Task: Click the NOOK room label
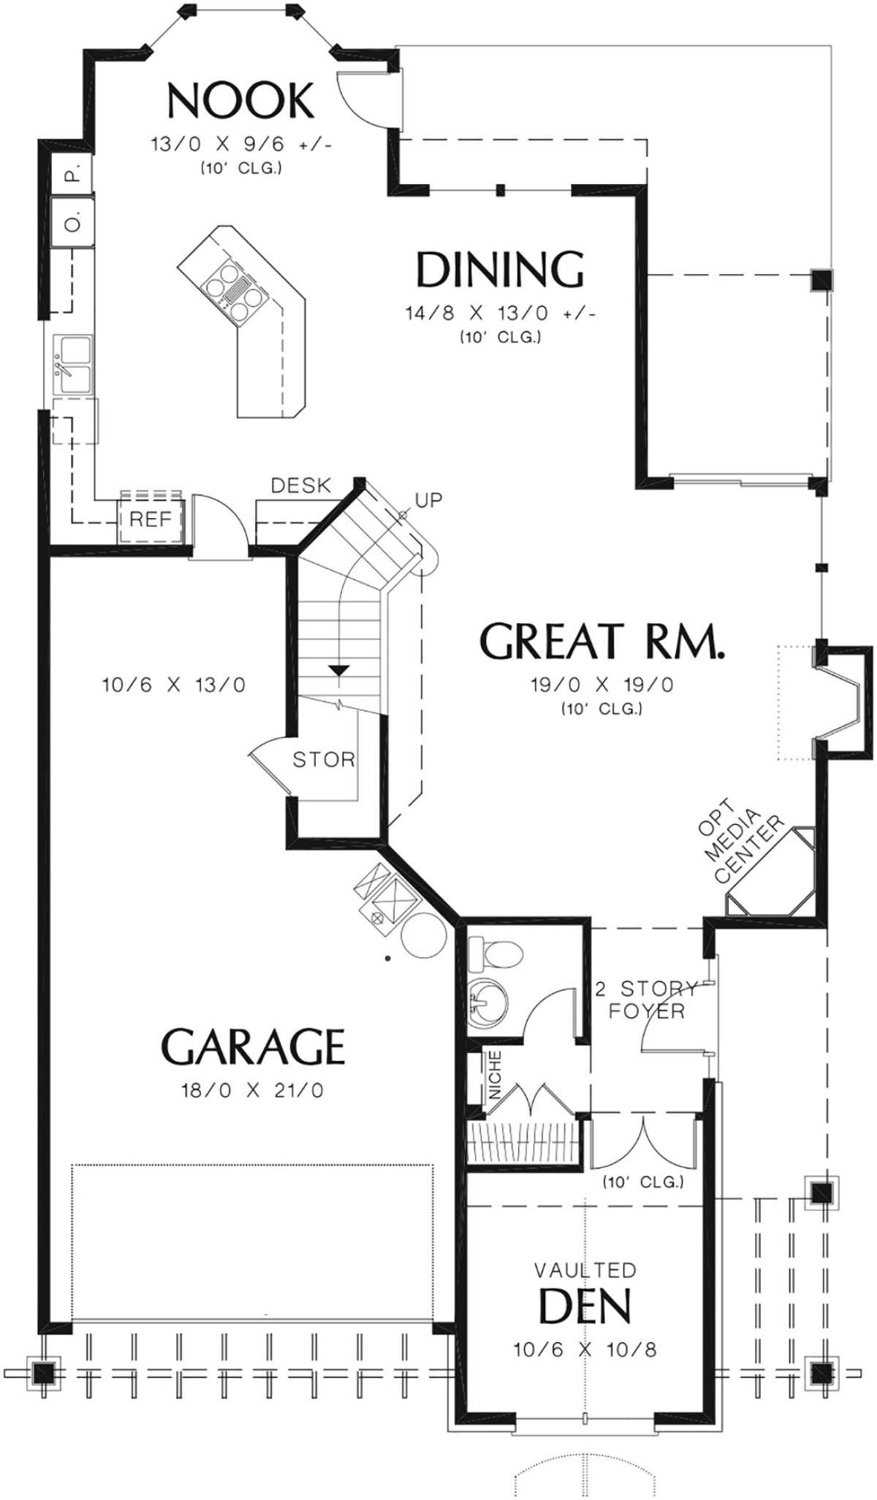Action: pyautogui.click(x=240, y=101)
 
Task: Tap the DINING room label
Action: pyautogui.click(x=501, y=269)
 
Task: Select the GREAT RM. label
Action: pyautogui.click(x=603, y=641)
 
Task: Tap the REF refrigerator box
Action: pyautogui.click(x=151, y=519)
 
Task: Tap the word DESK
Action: pyautogui.click(x=300, y=485)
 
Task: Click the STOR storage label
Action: pyautogui.click(x=324, y=759)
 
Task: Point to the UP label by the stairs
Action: pyautogui.click(x=428, y=500)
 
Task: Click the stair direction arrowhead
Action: pyautogui.click(x=338, y=670)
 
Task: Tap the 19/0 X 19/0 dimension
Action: pyautogui.click(x=602, y=685)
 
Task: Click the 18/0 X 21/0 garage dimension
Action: pyautogui.click(x=252, y=1091)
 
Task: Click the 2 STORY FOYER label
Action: pyautogui.click(x=647, y=1000)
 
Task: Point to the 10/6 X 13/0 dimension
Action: pyautogui.click(x=174, y=685)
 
